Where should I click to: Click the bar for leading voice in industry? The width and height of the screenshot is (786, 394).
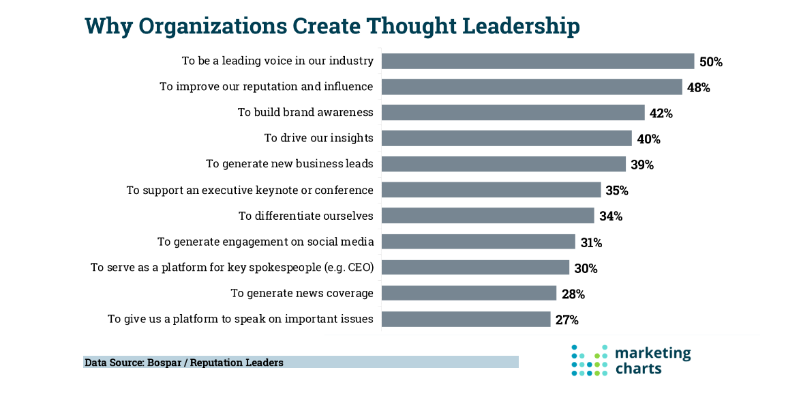click(x=537, y=61)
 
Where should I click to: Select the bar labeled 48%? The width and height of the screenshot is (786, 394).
click(x=531, y=87)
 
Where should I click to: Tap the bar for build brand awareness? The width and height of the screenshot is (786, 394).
click(x=513, y=112)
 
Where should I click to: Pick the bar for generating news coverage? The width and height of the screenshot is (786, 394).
click(x=468, y=293)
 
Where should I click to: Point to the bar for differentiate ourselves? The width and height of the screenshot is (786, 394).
click(x=487, y=216)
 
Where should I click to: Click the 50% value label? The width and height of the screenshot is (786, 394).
click(x=710, y=61)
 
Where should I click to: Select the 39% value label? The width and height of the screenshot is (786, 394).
click(x=641, y=165)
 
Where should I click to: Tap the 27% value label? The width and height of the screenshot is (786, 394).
click(x=566, y=320)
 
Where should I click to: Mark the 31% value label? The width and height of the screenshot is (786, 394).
click(x=591, y=242)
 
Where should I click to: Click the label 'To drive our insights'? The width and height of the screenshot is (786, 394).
click(x=318, y=138)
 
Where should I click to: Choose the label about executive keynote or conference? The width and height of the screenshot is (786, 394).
click(x=250, y=190)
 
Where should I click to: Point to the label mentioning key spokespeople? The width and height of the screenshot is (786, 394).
click(x=232, y=268)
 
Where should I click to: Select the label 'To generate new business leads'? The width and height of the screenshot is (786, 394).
click(x=290, y=164)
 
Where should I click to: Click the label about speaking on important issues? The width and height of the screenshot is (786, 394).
click(x=240, y=319)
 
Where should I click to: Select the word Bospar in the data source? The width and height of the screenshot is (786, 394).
click(x=164, y=363)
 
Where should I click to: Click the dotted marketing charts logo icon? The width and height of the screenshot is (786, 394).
click(x=589, y=360)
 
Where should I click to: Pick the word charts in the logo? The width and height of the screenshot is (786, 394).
click(x=638, y=369)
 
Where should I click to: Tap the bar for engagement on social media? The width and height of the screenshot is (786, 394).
click(x=478, y=242)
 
